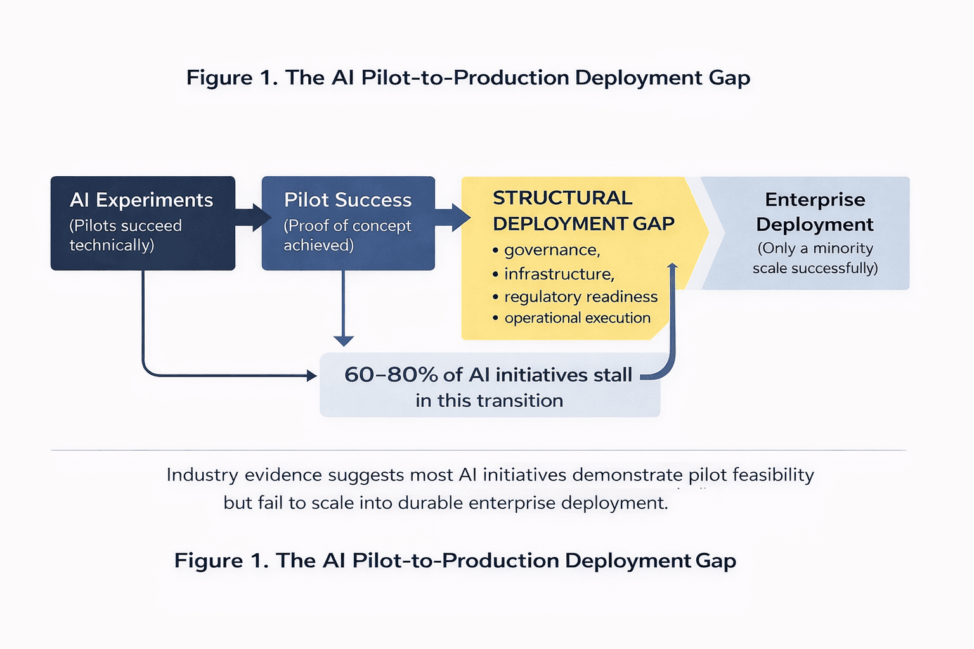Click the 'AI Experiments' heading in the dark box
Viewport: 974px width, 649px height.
pos(141,200)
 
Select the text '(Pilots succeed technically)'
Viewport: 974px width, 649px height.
pos(125,235)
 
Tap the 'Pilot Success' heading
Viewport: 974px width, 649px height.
pos(347,200)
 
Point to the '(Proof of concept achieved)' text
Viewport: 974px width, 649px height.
pos(347,235)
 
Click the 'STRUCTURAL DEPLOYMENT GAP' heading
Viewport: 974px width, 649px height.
pos(583,210)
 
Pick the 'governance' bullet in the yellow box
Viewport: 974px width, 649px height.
pos(551,250)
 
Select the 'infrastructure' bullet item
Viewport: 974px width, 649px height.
pos(559,274)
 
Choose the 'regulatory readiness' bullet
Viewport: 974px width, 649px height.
pos(580,297)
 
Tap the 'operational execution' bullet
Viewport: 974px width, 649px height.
pos(577,318)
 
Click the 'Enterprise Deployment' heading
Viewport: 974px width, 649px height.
pos(815,212)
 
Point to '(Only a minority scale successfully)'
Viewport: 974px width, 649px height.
pos(815,258)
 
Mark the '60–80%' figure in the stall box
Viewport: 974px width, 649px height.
pos(391,375)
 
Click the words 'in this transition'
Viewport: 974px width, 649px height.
pos(489,401)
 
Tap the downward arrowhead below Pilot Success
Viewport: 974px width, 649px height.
pos(343,340)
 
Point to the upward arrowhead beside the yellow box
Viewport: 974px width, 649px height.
pos(673,267)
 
